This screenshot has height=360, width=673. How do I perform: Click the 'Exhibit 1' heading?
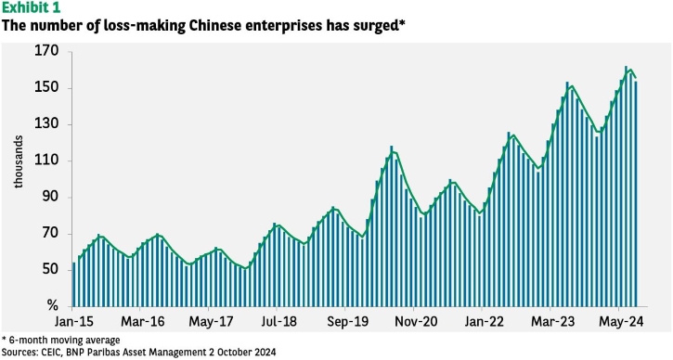[31, 7]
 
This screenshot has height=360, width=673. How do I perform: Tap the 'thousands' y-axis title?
[18, 161]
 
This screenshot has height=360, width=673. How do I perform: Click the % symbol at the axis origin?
[52, 305]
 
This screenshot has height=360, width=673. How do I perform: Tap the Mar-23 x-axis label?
[553, 322]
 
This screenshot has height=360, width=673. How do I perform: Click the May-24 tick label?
[622, 322]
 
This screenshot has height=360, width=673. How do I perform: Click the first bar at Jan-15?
[74, 285]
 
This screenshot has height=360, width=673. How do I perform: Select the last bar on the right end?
[636, 194]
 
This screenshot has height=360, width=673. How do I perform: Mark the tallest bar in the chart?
[626, 186]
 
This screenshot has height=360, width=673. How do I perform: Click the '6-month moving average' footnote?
[64, 341]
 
